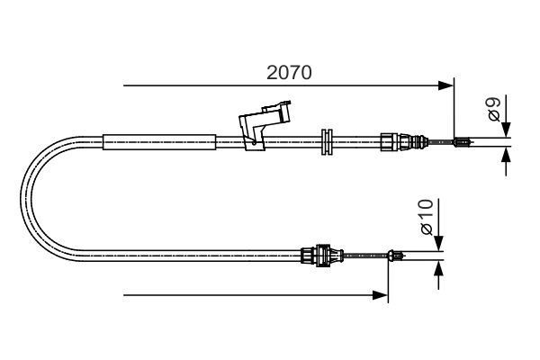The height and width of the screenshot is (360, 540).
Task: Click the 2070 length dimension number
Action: [289, 73]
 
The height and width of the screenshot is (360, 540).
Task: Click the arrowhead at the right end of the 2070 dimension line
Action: [447, 86]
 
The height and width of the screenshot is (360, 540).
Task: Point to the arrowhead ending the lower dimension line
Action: [382, 294]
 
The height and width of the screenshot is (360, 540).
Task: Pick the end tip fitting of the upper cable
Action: [461, 140]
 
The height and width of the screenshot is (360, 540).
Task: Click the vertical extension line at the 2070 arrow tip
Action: [454, 108]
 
